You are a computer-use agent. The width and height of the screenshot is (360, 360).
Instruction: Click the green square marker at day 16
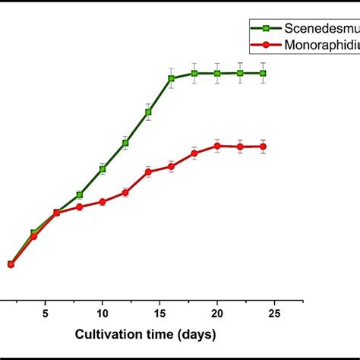click(x=171, y=78)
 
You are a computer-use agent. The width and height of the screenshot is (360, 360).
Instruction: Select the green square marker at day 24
click(x=264, y=73)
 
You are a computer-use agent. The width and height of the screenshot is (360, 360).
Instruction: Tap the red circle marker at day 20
click(x=217, y=145)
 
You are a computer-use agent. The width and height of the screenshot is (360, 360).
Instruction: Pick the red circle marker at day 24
click(x=264, y=146)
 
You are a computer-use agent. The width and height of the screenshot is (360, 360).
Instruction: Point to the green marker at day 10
click(x=103, y=169)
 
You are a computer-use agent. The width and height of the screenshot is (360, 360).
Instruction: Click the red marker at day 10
click(x=103, y=201)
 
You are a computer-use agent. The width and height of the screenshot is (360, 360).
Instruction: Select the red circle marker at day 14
click(x=148, y=172)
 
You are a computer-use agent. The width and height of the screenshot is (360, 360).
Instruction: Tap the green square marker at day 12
click(x=125, y=143)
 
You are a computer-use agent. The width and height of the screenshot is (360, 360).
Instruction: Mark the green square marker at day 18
click(x=194, y=73)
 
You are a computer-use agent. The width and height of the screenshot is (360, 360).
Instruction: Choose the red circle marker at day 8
click(x=79, y=207)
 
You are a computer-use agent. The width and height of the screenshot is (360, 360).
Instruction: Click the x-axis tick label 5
click(x=45, y=312)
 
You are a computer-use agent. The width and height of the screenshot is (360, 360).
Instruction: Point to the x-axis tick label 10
click(x=103, y=312)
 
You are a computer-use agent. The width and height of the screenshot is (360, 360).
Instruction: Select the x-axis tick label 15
click(x=159, y=312)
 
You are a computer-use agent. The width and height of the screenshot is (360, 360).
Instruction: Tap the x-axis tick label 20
click(x=217, y=312)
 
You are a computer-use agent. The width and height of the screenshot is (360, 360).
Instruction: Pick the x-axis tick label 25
click(x=275, y=312)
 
